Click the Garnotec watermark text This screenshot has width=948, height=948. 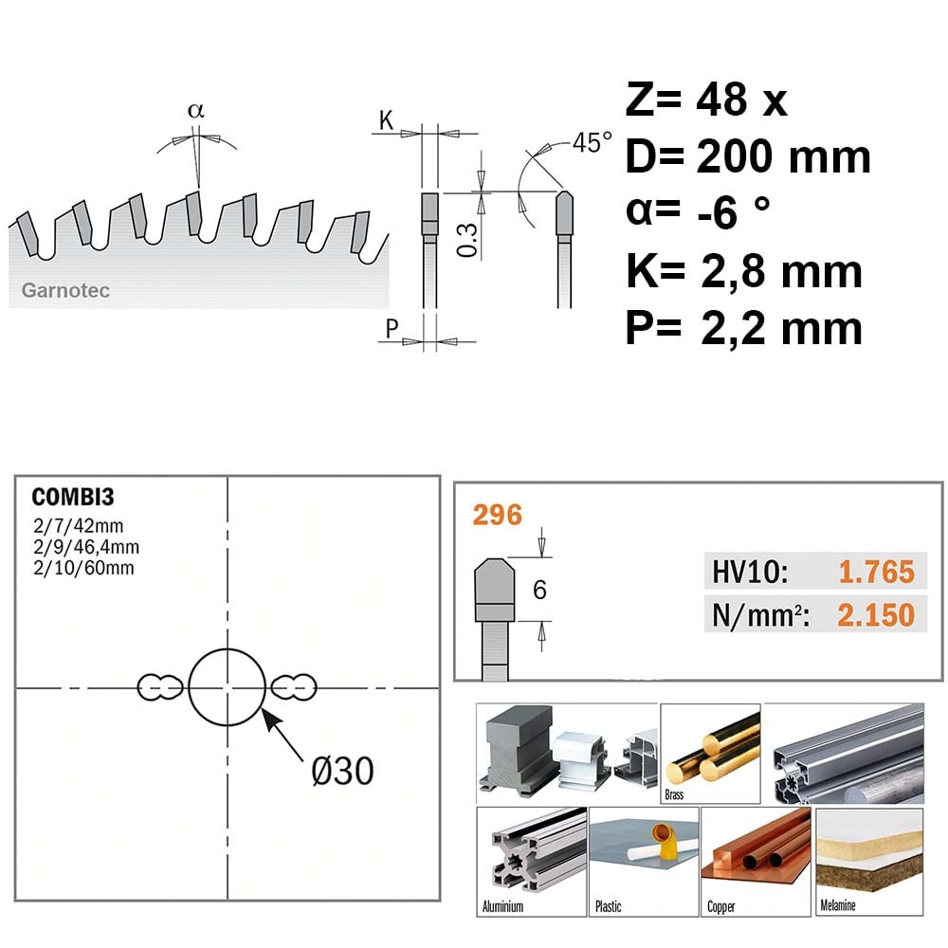point(65,290)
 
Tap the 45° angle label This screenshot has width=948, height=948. point(592,143)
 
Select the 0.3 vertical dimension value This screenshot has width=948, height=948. point(466,240)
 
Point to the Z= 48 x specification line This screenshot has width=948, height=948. point(706,100)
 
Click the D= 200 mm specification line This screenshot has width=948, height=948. point(748,156)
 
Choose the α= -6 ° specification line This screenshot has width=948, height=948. point(698,212)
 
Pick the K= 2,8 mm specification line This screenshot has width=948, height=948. point(744,271)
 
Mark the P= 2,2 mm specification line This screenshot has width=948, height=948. point(744,328)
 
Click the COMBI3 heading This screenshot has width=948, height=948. point(73,497)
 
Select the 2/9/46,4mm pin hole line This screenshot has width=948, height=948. point(86,547)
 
